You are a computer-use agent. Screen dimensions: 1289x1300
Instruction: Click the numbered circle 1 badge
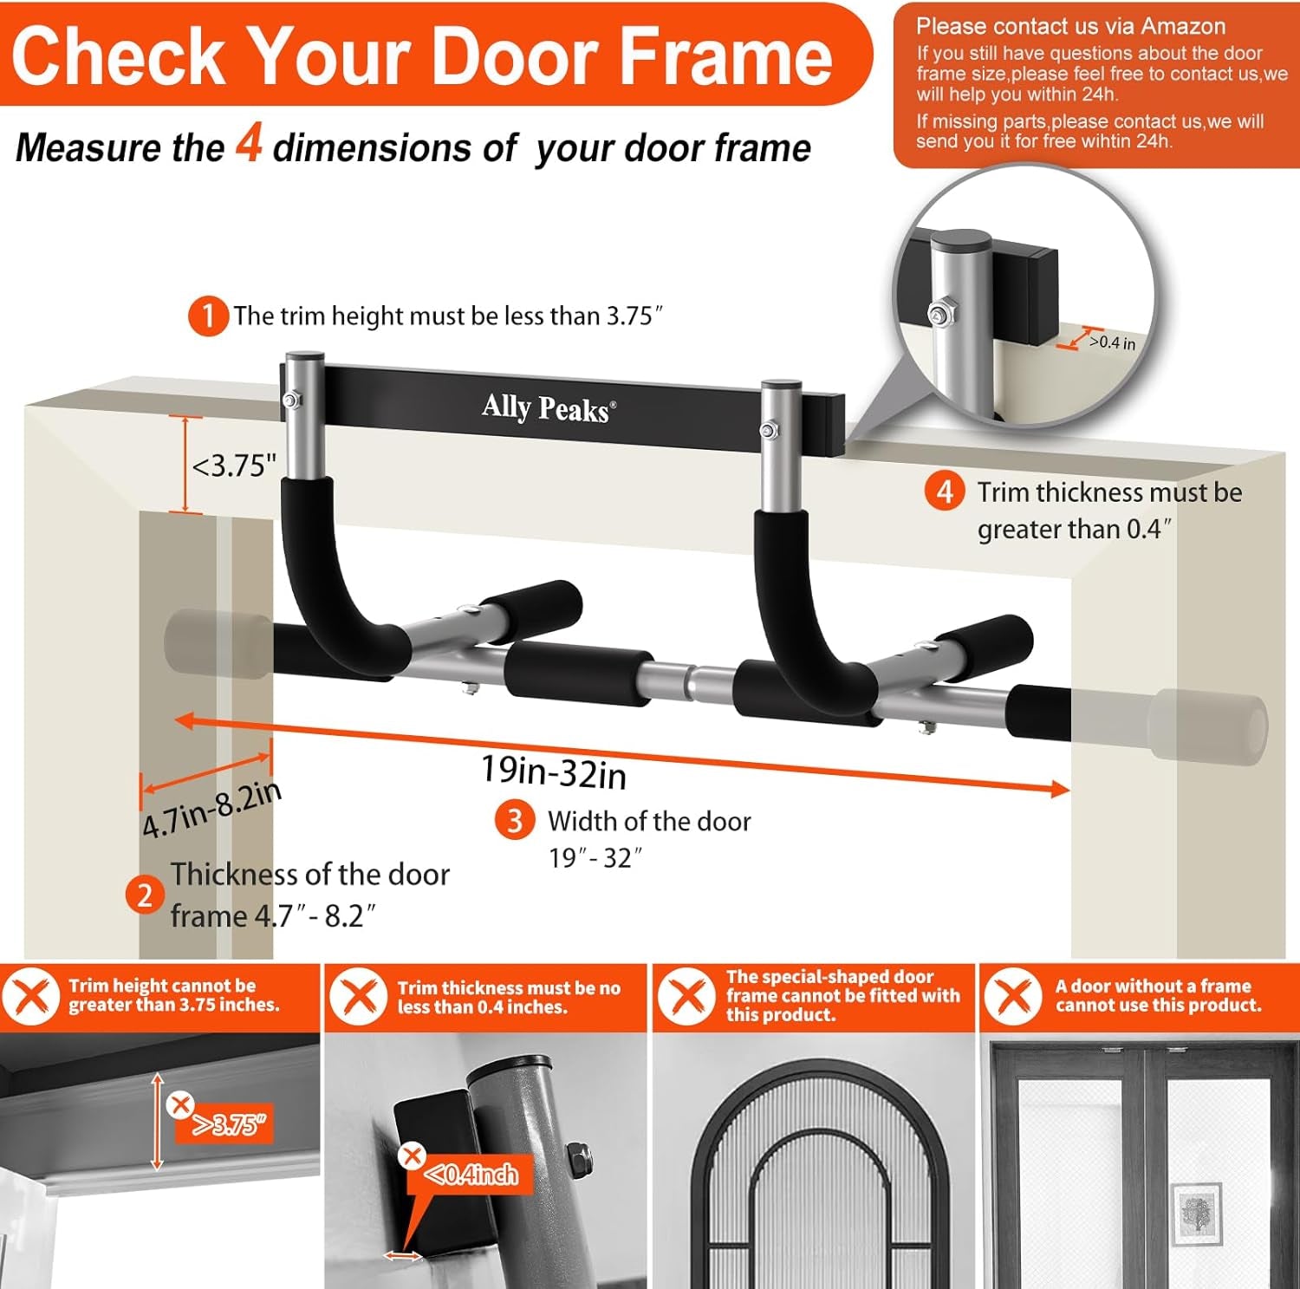click(x=208, y=316)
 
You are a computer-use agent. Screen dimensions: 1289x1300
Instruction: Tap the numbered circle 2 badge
click(x=145, y=895)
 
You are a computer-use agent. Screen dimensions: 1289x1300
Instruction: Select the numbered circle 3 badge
click(x=515, y=820)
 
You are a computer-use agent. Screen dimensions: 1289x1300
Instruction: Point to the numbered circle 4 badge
click(x=945, y=492)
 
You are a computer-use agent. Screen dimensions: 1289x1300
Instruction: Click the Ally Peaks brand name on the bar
click(x=548, y=407)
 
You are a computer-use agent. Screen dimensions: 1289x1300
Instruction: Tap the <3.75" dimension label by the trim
click(x=234, y=466)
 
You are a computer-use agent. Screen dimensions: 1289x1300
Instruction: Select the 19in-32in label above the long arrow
click(x=554, y=771)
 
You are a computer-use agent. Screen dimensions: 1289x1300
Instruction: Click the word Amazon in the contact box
click(x=1183, y=26)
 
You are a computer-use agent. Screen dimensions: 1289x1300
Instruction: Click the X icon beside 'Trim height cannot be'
click(x=31, y=996)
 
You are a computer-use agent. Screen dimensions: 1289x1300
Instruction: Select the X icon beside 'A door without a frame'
click(x=1013, y=996)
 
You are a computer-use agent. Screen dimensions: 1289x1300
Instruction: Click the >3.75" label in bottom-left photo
click(x=230, y=1125)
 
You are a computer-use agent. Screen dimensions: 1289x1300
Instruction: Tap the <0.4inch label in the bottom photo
click(x=472, y=1175)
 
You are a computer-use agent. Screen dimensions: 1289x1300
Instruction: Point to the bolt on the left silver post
click(x=292, y=400)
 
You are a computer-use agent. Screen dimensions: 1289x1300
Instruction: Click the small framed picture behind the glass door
click(x=1197, y=1214)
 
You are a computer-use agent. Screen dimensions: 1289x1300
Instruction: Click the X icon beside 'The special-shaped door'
click(x=686, y=996)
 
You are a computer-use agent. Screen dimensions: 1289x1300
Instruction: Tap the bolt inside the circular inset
click(x=938, y=314)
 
